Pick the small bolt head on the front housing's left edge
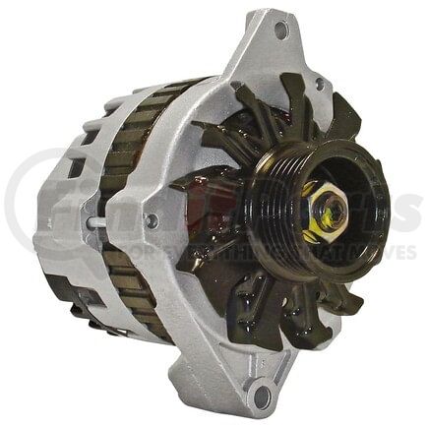(149, 223)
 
